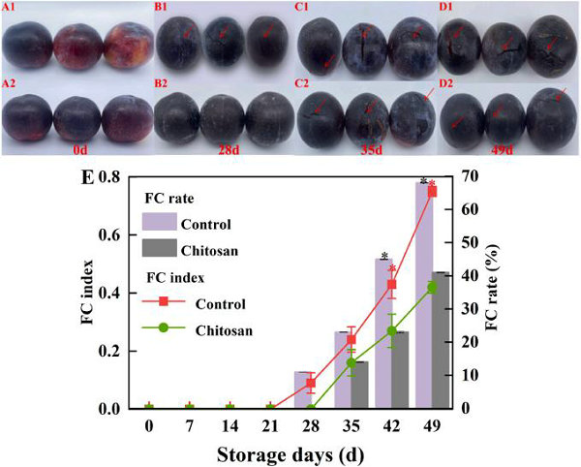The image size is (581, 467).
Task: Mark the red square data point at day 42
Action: coord(392,285)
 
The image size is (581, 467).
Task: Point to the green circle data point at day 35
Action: coord(352,363)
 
